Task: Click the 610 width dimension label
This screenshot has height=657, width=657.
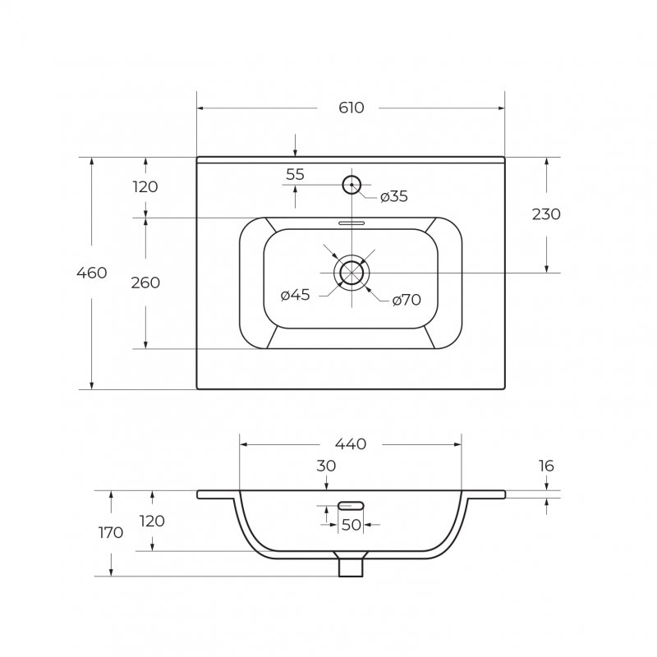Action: click(351, 108)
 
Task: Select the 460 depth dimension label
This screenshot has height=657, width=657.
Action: click(92, 273)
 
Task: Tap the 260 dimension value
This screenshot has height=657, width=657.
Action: click(145, 283)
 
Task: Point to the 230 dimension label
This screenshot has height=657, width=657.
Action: click(546, 214)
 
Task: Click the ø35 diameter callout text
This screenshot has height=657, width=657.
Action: click(394, 196)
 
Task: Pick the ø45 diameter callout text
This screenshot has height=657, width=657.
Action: click(295, 295)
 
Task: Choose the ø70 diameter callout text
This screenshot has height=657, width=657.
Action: click(407, 300)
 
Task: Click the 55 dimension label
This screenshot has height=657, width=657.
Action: click(295, 174)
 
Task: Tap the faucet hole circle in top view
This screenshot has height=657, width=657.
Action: click(351, 185)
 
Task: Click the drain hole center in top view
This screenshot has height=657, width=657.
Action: click(351, 273)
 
